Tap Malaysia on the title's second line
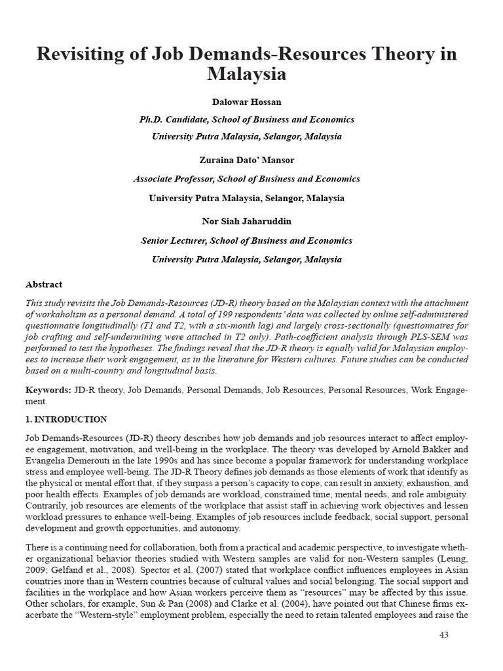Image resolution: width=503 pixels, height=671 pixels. click(x=247, y=74)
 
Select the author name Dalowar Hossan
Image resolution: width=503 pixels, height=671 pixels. click(x=246, y=102)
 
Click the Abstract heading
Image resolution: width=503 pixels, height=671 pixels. click(x=44, y=284)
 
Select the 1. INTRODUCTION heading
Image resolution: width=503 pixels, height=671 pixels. click(x=65, y=419)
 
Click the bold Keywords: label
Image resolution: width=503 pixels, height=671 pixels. click(x=48, y=390)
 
